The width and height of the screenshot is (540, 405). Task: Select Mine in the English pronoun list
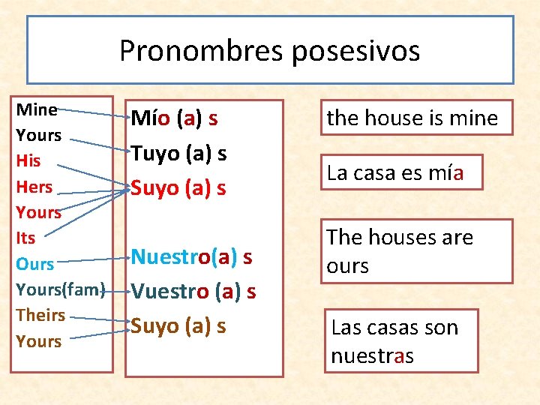coord(36,109)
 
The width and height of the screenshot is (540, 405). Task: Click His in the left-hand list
coord(28,160)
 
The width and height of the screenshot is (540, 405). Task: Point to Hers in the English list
coord(34,187)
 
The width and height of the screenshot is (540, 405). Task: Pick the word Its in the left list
coord(25,238)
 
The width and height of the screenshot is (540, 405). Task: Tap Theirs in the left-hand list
coord(40,315)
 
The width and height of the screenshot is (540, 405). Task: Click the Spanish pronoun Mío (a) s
coord(174,118)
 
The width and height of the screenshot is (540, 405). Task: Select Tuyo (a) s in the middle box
coord(178,153)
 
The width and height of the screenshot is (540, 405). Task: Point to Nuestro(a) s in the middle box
coord(191,256)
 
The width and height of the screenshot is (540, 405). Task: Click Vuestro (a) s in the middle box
coord(193,291)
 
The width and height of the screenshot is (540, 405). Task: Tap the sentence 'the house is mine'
coord(412,118)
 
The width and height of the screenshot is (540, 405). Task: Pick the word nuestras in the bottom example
coord(372,355)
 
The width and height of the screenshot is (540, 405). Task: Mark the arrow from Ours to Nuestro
coord(94,259)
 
